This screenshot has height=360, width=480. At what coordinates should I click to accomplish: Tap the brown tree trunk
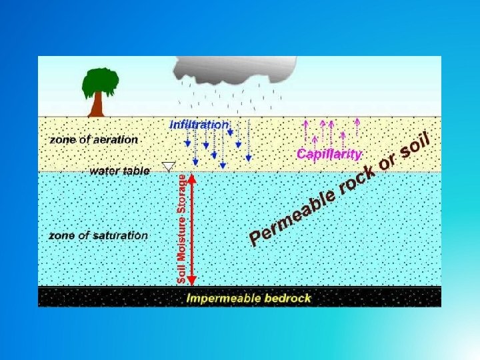pyautogui.click(x=97, y=105)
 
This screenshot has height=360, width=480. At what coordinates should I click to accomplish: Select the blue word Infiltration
pyautogui.click(x=199, y=125)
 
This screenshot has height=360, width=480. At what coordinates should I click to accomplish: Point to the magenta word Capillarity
pyautogui.click(x=329, y=154)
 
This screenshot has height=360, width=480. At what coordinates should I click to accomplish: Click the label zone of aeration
pyautogui.click(x=94, y=140)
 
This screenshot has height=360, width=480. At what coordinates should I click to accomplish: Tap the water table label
pyautogui.click(x=119, y=171)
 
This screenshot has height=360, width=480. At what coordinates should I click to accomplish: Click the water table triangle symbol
pyautogui.click(x=169, y=166)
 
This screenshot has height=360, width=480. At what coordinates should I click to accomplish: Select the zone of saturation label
pyautogui.click(x=98, y=235)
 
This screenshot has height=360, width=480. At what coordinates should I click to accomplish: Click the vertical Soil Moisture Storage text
pyautogui.click(x=181, y=228)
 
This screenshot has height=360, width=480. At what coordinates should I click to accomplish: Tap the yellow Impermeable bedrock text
pyautogui.click(x=249, y=298)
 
